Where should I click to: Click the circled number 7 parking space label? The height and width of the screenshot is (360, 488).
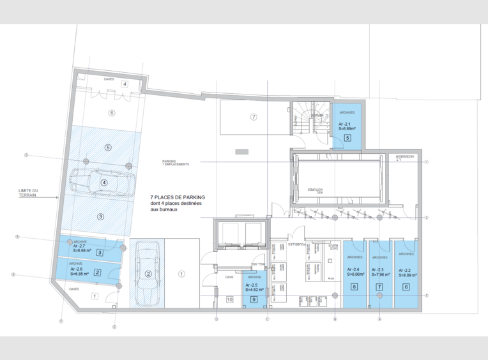coord(254,117)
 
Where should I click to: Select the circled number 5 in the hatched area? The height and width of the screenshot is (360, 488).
coord(108,147)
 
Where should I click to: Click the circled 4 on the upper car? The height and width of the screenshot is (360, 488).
coord(104,182)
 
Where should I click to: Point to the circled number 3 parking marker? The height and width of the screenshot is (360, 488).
coord(100,216)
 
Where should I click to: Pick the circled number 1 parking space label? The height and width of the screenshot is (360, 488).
coord(181,274)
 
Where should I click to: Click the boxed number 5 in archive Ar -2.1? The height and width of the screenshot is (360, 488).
coord(347,137)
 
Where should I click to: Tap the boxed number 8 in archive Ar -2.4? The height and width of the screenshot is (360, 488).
coord(354,287)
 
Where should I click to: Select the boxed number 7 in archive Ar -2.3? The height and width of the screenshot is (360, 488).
coord(379,287)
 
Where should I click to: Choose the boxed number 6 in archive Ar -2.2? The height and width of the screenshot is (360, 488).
coord(406,287)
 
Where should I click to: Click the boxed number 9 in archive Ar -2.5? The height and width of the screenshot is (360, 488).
coord(254,299)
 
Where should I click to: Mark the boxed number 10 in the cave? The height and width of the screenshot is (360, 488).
coord(229,299)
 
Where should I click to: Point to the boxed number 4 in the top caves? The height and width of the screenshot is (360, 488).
coord(125,84)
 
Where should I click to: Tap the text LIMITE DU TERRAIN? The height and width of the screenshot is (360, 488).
coord(27,193)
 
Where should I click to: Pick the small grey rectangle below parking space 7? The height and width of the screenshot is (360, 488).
coord(241,151)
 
